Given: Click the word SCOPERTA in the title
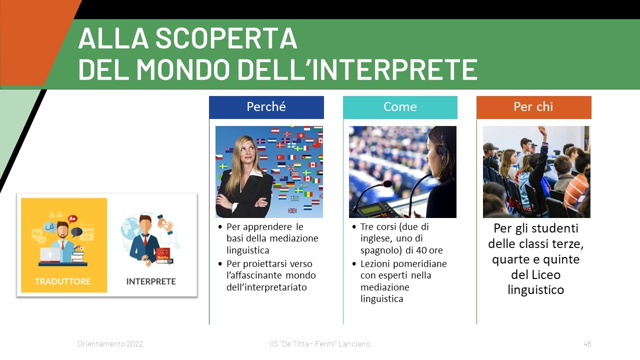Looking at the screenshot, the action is point(226,38).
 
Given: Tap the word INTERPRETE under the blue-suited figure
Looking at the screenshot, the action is point(151,281).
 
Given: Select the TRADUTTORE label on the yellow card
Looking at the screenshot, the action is point(62,281).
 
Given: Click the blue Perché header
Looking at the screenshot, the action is point(266,107).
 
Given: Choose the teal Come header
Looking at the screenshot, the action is point(400,107).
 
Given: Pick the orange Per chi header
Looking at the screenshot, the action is point(533,107).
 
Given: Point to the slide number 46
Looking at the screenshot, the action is point(587,343).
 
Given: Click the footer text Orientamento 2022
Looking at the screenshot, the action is point(110,343).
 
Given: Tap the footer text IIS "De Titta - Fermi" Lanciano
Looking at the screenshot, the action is point(319,343).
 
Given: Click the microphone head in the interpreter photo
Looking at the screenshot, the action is point(387,184).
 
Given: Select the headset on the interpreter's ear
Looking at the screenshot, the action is point(442,148).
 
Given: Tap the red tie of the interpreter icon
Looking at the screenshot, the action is point(145,240).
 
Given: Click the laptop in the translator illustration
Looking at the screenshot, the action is point(50,255).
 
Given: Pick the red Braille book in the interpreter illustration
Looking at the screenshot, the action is point(163,254).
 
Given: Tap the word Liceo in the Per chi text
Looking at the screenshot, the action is point(535,275).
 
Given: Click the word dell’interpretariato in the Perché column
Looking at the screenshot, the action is point(266,287).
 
